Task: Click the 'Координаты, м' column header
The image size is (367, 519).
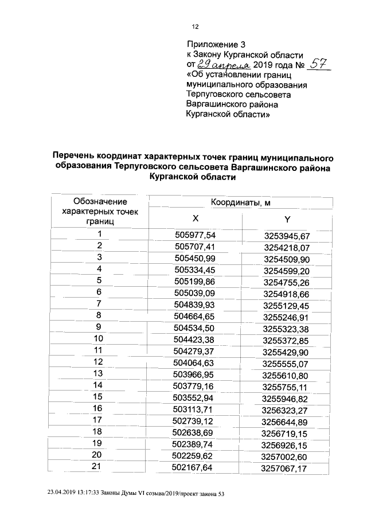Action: click(240, 202)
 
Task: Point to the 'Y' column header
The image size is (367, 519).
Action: click(287, 220)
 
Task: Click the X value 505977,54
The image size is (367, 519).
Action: click(195, 235)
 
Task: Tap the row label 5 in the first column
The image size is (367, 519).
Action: click(99, 280)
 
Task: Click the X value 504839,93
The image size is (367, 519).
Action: click(194, 304)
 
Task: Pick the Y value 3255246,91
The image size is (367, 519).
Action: click(286, 317)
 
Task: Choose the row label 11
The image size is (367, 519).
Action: click(99, 350)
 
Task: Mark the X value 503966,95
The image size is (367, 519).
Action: click(194, 374)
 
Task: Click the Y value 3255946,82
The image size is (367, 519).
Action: click(286, 398)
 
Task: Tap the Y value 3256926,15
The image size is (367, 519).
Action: click(285, 445)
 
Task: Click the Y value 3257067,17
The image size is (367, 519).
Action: click(285, 469)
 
